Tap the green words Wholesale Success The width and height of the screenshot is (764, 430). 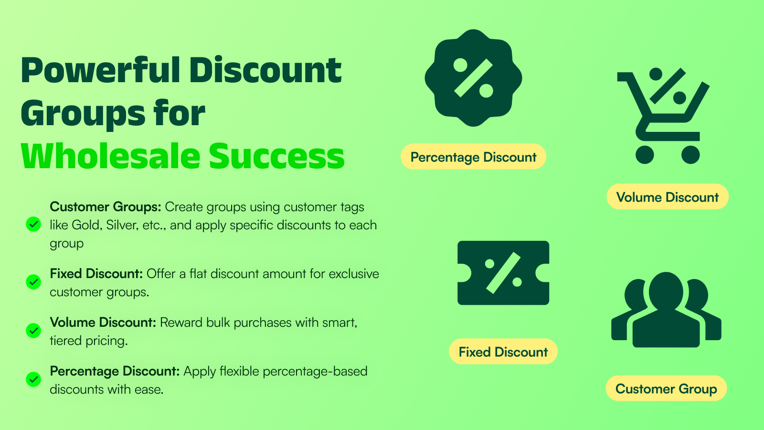click(182, 156)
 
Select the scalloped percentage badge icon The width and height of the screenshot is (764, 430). click(473, 78)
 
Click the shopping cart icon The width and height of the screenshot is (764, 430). click(663, 116)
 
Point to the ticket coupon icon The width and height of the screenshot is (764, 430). click(503, 273)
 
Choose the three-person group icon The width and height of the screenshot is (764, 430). click(666, 310)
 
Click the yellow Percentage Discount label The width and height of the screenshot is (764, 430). click(473, 157)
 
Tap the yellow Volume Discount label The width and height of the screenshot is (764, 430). click(668, 197)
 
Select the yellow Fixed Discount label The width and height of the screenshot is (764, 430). click(503, 352)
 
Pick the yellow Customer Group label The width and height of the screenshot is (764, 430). click(666, 388)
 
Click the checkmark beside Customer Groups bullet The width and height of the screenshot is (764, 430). click(33, 224)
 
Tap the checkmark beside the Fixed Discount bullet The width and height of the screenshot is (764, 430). click(33, 282)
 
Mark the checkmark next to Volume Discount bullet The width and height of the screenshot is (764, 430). click(33, 331)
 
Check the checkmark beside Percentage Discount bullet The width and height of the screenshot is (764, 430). click(33, 379)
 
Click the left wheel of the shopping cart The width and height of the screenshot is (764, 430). click(645, 155)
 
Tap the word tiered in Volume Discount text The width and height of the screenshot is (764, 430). click(66, 341)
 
